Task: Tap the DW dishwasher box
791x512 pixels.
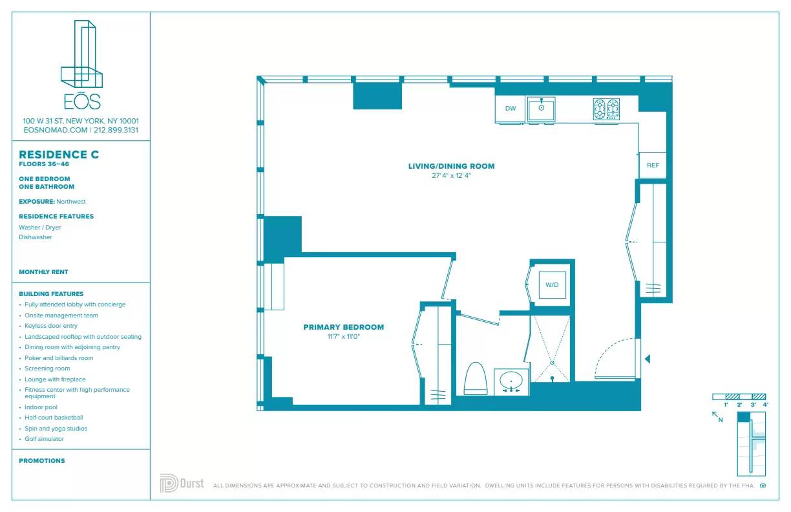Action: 511,109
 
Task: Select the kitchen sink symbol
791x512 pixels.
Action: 542,108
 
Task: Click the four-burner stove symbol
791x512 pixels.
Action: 606,109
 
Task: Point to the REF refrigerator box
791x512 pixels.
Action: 653,165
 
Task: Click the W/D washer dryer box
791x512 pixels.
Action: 552,284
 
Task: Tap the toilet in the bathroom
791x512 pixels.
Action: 475,379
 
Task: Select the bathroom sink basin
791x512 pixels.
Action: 512,380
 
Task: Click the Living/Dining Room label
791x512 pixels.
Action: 451,166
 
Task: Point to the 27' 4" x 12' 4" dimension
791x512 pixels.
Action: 451,176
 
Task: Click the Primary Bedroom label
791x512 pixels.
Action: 343,327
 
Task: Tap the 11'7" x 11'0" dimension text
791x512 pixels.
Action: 343,337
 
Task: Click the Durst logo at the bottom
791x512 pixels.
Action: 182,484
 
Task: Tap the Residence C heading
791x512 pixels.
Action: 59,155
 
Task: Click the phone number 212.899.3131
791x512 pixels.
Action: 116,130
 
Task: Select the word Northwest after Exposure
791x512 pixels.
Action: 71,202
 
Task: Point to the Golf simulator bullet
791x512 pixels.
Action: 44,439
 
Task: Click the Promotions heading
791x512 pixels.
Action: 42,461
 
